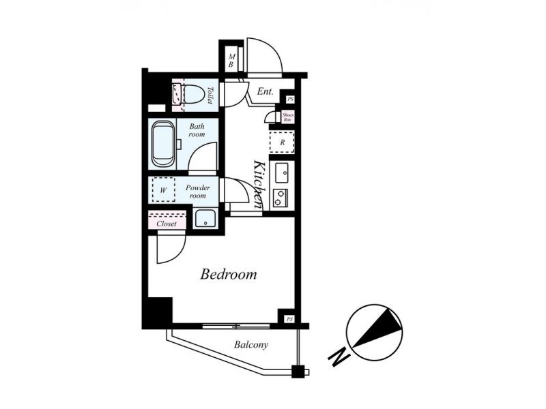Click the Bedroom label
click(x=229, y=275)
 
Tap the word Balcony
click(x=251, y=345)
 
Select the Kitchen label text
click(x=259, y=184)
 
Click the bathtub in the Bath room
click(x=163, y=143)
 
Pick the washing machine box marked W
click(x=163, y=190)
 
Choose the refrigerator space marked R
click(x=282, y=142)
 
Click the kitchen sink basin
click(x=282, y=172)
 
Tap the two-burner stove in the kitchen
click(x=280, y=198)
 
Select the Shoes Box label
click(x=288, y=117)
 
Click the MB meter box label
click(x=231, y=60)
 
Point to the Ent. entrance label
click(x=265, y=92)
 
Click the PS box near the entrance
click(x=290, y=100)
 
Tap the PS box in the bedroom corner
click(x=289, y=319)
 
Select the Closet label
click(x=167, y=224)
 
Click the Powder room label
click(x=197, y=192)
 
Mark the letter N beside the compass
click(x=339, y=356)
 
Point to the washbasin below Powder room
click(x=205, y=219)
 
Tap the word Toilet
click(x=210, y=95)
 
